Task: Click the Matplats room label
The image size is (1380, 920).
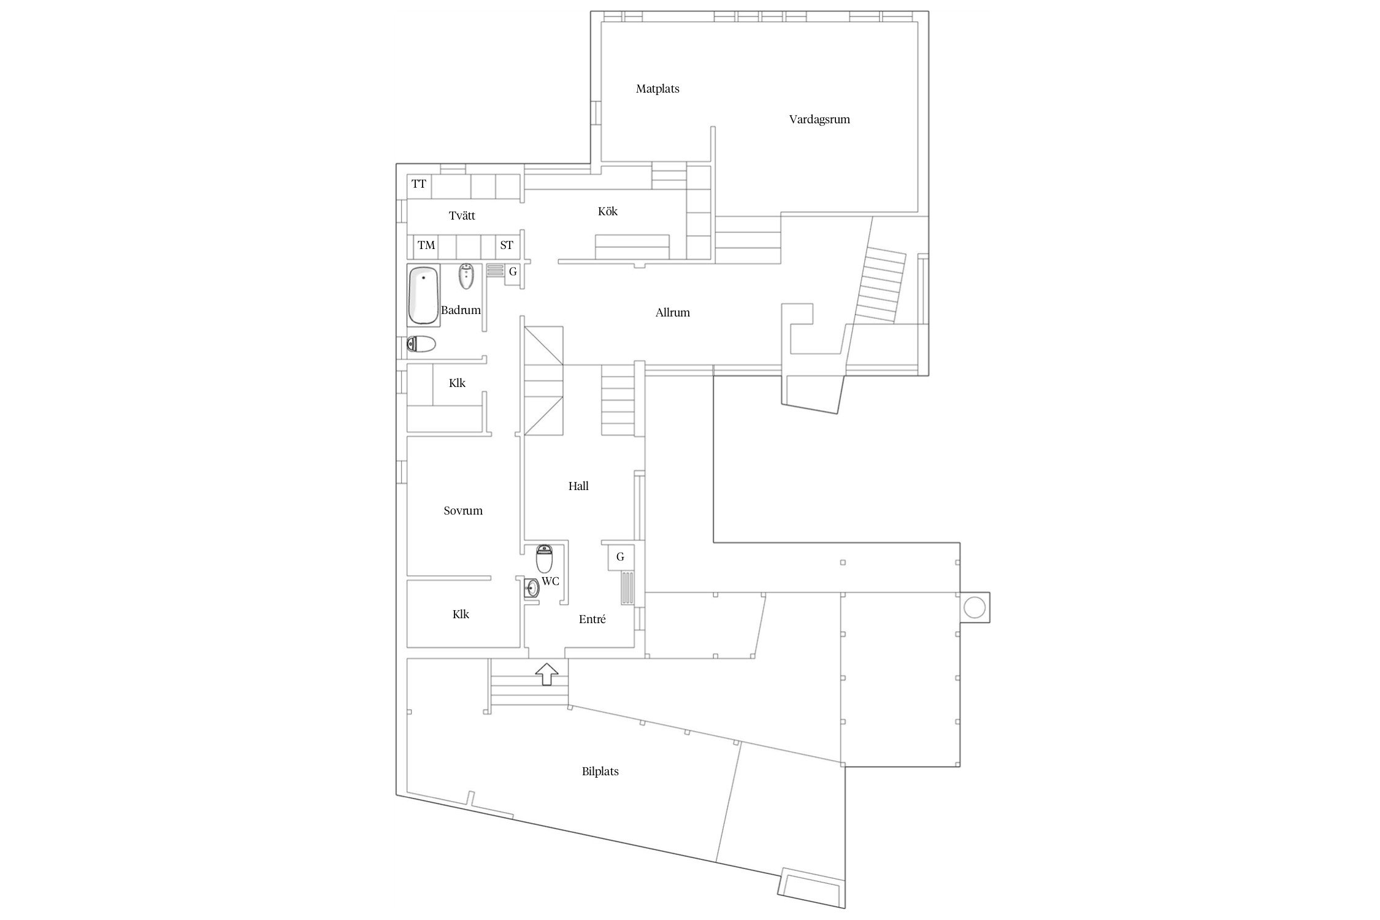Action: click(x=657, y=89)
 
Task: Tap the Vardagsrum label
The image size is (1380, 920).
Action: click(x=819, y=120)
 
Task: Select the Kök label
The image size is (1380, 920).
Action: click(x=608, y=212)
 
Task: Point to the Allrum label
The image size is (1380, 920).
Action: click(x=673, y=313)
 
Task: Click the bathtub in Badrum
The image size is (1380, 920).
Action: click(x=423, y=295)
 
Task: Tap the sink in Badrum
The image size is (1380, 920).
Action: click(x=467, y=277)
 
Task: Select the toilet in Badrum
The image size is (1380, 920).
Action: click(x=421, y=345)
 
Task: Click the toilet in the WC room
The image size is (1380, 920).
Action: click(x=545, y=559)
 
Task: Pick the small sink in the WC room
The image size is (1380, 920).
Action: click(x=531, y=589)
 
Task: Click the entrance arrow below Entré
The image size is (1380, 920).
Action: click(x=547, y=674)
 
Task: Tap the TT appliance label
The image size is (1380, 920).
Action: click(x=419, y=184)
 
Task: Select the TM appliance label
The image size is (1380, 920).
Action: click(x=426, y=245)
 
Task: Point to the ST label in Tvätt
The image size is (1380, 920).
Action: click(x=507, y=245)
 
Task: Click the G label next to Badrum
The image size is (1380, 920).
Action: click(x=513, y=272)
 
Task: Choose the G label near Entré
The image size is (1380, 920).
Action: click(x=620, y=557)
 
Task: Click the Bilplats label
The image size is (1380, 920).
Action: click(x=600, y=772)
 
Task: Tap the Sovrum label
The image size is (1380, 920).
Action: click(x=463, y=511)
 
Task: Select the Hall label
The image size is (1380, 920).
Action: click(x=578, y=486)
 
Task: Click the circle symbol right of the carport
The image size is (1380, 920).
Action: click(x=975, y=608)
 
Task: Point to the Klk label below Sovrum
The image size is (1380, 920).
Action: click(x=461, y=615)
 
